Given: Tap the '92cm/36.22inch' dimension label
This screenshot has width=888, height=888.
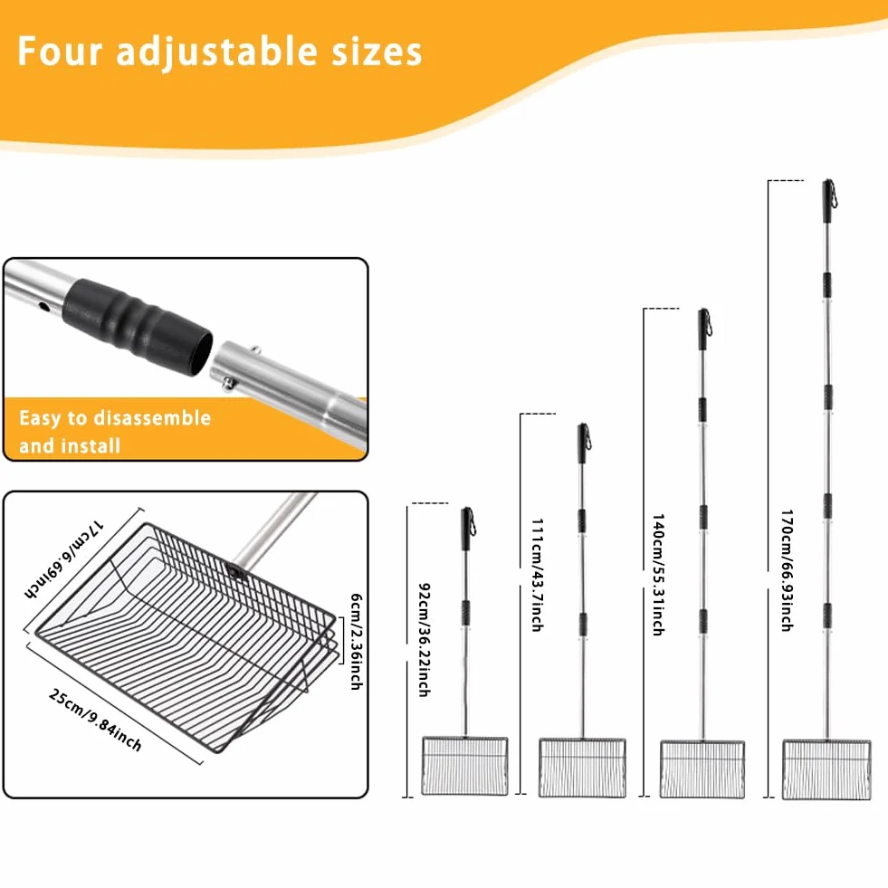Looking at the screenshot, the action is click(424, 639).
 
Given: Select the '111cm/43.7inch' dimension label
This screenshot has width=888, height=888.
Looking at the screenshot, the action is click(538, 574).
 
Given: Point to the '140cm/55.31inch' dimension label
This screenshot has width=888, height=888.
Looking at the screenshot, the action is click(658, 574).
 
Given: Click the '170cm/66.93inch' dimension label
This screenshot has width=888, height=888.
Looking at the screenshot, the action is click(788, 569).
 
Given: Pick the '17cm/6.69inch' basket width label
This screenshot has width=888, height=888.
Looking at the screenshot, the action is click(63, 559).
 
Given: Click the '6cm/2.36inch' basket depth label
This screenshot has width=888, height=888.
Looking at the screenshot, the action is click(356, 641).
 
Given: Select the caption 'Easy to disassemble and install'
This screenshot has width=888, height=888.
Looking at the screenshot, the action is click(115, 432).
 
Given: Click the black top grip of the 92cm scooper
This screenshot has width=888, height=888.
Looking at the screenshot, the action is click(468, 529).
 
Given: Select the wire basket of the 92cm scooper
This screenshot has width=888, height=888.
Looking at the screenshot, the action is click(464, 766).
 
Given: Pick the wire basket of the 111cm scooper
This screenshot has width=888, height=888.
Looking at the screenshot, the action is click(582, 768).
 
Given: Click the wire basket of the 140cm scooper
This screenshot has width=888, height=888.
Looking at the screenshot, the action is click(702, 769).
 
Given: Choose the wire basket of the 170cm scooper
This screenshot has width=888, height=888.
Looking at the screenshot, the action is click(826, 769).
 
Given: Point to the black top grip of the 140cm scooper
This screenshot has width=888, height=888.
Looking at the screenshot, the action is click(704, 329).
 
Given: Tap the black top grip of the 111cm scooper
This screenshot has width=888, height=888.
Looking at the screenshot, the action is click(583, 444).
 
